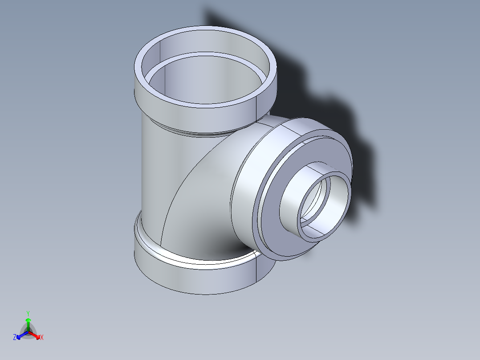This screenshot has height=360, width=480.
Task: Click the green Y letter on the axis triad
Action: point(28,313)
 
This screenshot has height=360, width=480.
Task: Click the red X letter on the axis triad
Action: point(41,338)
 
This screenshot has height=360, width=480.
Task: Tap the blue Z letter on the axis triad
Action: point(15,337)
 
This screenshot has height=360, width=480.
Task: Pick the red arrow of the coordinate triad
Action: point(36,335)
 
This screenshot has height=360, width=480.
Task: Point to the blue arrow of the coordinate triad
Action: point(20,335)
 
